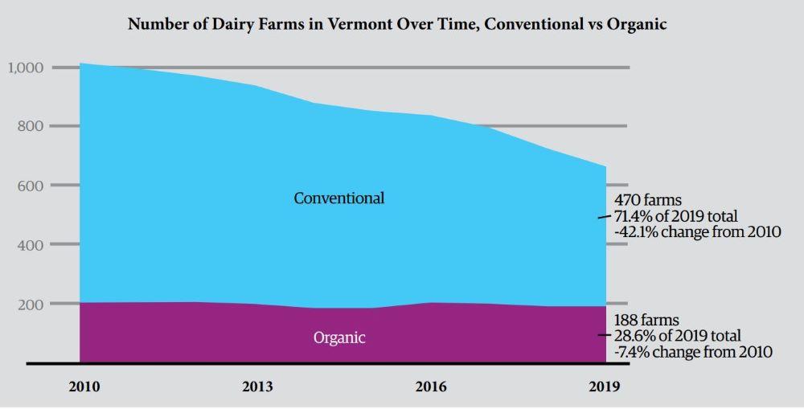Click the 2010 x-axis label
[84, 387]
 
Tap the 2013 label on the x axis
[257, 387]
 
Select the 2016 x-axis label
[431, 387]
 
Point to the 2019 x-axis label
[604, 387]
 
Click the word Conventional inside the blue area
[338, 198]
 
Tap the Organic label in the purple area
[338, 338]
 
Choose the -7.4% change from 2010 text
[693, 352]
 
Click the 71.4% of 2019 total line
[675, 216]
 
